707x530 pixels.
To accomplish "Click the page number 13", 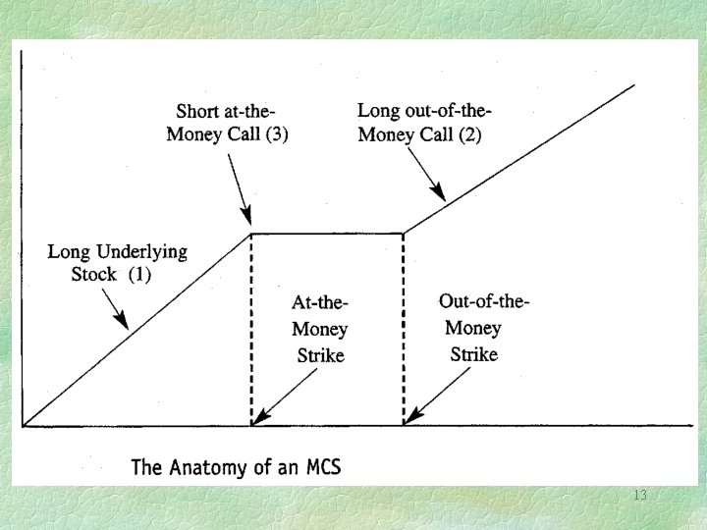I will point(640,495).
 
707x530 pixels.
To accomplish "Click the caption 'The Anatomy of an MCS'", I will point(236,466).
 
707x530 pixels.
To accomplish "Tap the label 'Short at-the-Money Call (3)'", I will point(232,122).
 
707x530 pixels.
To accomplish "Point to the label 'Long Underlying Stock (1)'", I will point(117,262).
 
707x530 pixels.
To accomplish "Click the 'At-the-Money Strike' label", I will point(320,329).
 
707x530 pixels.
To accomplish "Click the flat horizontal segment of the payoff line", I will point(328,233).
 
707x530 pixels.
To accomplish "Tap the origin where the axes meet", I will point(24,426).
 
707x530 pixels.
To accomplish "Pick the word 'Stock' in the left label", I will point(93,274).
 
